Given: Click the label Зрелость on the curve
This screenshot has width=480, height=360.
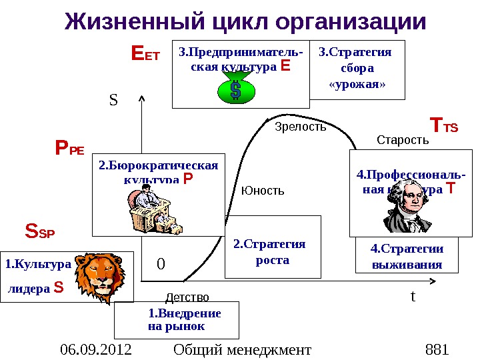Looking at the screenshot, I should click(x=301, y=126).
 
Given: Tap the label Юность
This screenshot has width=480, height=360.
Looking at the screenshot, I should click(x=263, y=191).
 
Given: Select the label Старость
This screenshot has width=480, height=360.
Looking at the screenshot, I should click(x=402, y=140).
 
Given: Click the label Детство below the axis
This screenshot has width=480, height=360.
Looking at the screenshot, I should click(x=187, y=297).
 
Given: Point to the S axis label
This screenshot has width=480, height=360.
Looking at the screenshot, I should click(x=113, y=101).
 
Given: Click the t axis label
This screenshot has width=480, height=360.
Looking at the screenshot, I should click(x=413, y=295).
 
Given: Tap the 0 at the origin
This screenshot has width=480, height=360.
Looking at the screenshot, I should click(x=160, y=264).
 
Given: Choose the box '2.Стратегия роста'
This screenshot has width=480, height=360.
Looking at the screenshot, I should click(x=273, y=247).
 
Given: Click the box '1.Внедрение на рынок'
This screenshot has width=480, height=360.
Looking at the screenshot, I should click(x=177, y=320).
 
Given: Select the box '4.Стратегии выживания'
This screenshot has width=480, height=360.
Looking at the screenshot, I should click(x=407, y=256).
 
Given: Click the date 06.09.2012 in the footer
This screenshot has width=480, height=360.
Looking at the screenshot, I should click(x=95, y=349).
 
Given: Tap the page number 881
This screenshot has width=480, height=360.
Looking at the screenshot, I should click(x=437, y=349).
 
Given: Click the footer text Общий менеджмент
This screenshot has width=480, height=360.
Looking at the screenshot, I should click(x=242, y=349).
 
